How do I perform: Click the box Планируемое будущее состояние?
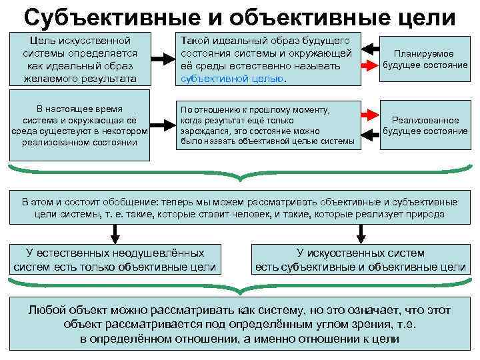coord(424,59)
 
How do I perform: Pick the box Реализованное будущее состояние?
coord(425,125)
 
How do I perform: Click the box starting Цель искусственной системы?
coord(80,59)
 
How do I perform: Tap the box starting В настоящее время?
coord(80,125)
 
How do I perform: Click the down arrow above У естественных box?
coord(115,232)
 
